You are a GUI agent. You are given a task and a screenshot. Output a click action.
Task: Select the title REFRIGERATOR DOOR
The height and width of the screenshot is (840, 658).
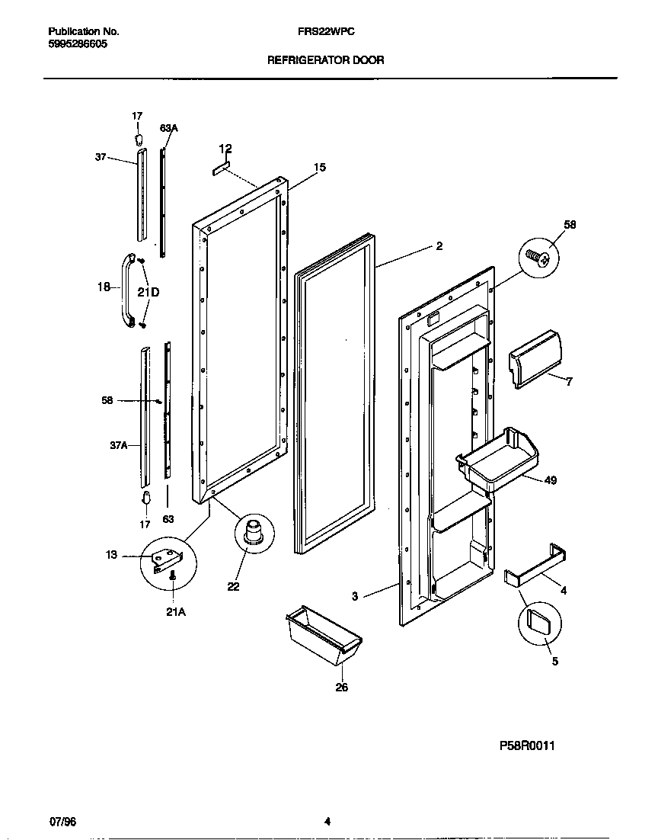tap(326, 59)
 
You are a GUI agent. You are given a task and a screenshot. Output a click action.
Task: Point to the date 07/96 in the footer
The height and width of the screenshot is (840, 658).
tap(63, 821)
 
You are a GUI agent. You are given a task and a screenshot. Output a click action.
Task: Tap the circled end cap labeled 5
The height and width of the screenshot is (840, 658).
tap(538, 623)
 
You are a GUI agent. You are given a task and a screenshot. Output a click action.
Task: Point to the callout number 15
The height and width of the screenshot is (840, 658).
tap(319, 167)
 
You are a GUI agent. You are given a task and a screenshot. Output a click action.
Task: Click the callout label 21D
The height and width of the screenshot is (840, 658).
tap(148, 292)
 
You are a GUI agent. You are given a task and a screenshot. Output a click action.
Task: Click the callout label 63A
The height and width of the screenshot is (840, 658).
tap(168, 129)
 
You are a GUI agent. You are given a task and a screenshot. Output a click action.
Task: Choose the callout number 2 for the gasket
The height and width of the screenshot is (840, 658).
tap(439, 245)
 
